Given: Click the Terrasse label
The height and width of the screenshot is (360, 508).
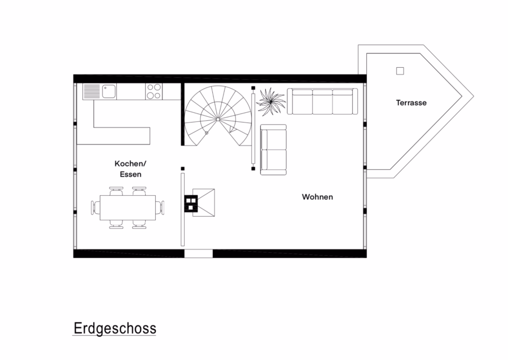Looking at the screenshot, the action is pyautogui.click(x=411, y=103).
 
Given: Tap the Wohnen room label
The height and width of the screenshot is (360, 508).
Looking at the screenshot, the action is pyautogui.click(x=317, y=197).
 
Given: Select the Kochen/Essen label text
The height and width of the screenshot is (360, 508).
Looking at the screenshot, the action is pyautogui.click(x=130, y=169).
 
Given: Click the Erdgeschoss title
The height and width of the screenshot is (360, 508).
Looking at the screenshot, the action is pyautogui.click(x=115, y=328).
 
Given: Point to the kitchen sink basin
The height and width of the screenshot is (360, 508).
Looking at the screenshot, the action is pyautogui.click(x=109, y=91).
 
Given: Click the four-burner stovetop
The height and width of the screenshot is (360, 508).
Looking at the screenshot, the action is pyautogui.click(x=154, y=91).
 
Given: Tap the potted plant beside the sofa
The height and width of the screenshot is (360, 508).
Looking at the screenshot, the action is pyautogui.click(x=270, y=102).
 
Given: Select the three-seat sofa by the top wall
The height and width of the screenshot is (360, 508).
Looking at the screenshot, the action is pyautogui.click(x=322, y=102).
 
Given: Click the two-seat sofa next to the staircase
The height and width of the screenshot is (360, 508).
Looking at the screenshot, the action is pyautogui.click(x=273, y=150).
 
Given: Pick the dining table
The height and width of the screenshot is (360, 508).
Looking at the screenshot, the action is pyautogui.click(x=128, y=208).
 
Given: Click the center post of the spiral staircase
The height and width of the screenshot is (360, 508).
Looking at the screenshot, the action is pyautogui.click(x=218, y=120).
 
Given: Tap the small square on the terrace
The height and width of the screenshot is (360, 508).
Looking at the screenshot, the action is pyautogui.click(x=400, y=71).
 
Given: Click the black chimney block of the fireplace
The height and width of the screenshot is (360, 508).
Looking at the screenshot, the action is pyautogui.click(x=191, y=204).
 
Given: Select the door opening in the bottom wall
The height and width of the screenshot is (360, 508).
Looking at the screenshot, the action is pyautogui.click(x=199, y=253).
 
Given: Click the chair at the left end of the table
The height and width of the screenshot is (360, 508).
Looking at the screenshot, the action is pyautogui.click(x=95, y=208).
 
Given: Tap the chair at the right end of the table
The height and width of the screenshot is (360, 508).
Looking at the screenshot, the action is pyautogui.click(x=160, y=208).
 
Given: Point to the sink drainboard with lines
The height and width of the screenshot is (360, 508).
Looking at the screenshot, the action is pyautogui.click(x=91, y=91).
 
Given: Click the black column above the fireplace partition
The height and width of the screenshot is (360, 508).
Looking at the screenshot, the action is pyautogui.click(x=183, y=169).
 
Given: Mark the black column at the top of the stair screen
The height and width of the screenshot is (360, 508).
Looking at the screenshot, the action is pyautogui.click(x=253, y=88).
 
